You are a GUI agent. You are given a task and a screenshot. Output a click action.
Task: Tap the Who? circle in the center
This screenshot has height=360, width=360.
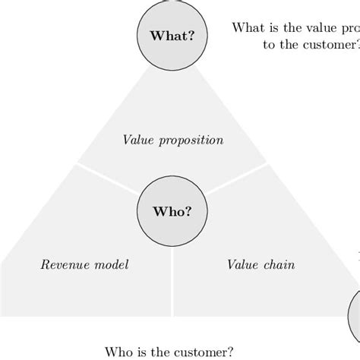coord(172,212)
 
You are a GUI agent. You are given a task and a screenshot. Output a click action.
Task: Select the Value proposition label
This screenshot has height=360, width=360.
coord(173,141)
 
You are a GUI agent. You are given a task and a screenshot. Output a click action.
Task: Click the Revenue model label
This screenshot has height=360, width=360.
coord(84,265)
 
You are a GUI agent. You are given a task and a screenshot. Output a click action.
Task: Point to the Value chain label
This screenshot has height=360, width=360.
coord(261,265)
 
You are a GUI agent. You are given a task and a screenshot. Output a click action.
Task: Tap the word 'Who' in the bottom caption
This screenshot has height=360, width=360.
coord(117,352)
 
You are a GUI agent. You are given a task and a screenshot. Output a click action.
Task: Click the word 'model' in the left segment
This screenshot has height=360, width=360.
coord(112,265)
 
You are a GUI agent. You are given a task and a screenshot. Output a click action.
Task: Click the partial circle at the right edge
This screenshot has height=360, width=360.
coord(355,311)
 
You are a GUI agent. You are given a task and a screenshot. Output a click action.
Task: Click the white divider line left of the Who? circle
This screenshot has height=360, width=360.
coord(106,182)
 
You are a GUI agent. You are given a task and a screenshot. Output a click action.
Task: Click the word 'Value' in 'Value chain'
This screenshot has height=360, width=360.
coord(242,265)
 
